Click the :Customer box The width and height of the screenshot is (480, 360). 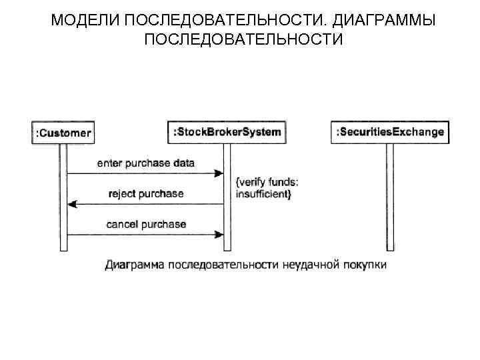(x=63, y=133)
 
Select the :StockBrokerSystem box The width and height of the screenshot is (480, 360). (x=227, y=132)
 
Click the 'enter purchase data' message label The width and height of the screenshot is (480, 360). (x=146, y=163)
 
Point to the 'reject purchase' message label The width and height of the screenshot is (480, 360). (x=145, y=194)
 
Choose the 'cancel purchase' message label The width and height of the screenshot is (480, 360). (x=146, y=224)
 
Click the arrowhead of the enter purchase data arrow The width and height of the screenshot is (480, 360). (x=218, y=173)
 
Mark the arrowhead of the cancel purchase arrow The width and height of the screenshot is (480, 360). (x=218, y=235)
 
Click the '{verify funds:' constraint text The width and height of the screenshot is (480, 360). (x=267, y=182)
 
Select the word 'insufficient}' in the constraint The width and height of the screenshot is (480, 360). (x=264, y=194)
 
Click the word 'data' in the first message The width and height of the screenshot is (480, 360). (x=184, y=163)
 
